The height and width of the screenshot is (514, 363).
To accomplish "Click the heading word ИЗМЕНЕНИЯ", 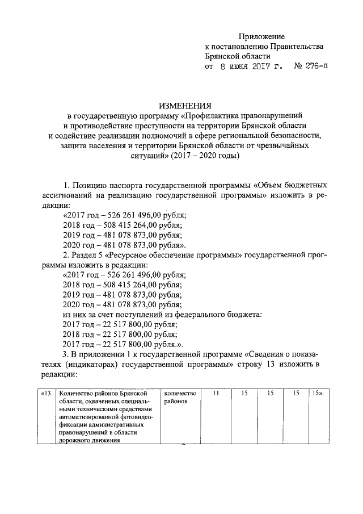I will pos(185,105).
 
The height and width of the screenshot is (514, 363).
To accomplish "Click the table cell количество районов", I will pos(181,396).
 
